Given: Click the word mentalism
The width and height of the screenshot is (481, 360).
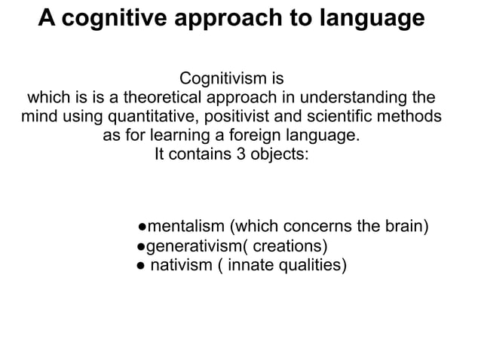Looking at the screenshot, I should pyautogui.click(x=185, y=225).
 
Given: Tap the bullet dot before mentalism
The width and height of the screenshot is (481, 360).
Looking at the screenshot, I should pyautogui.click(x=142, y=226).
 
